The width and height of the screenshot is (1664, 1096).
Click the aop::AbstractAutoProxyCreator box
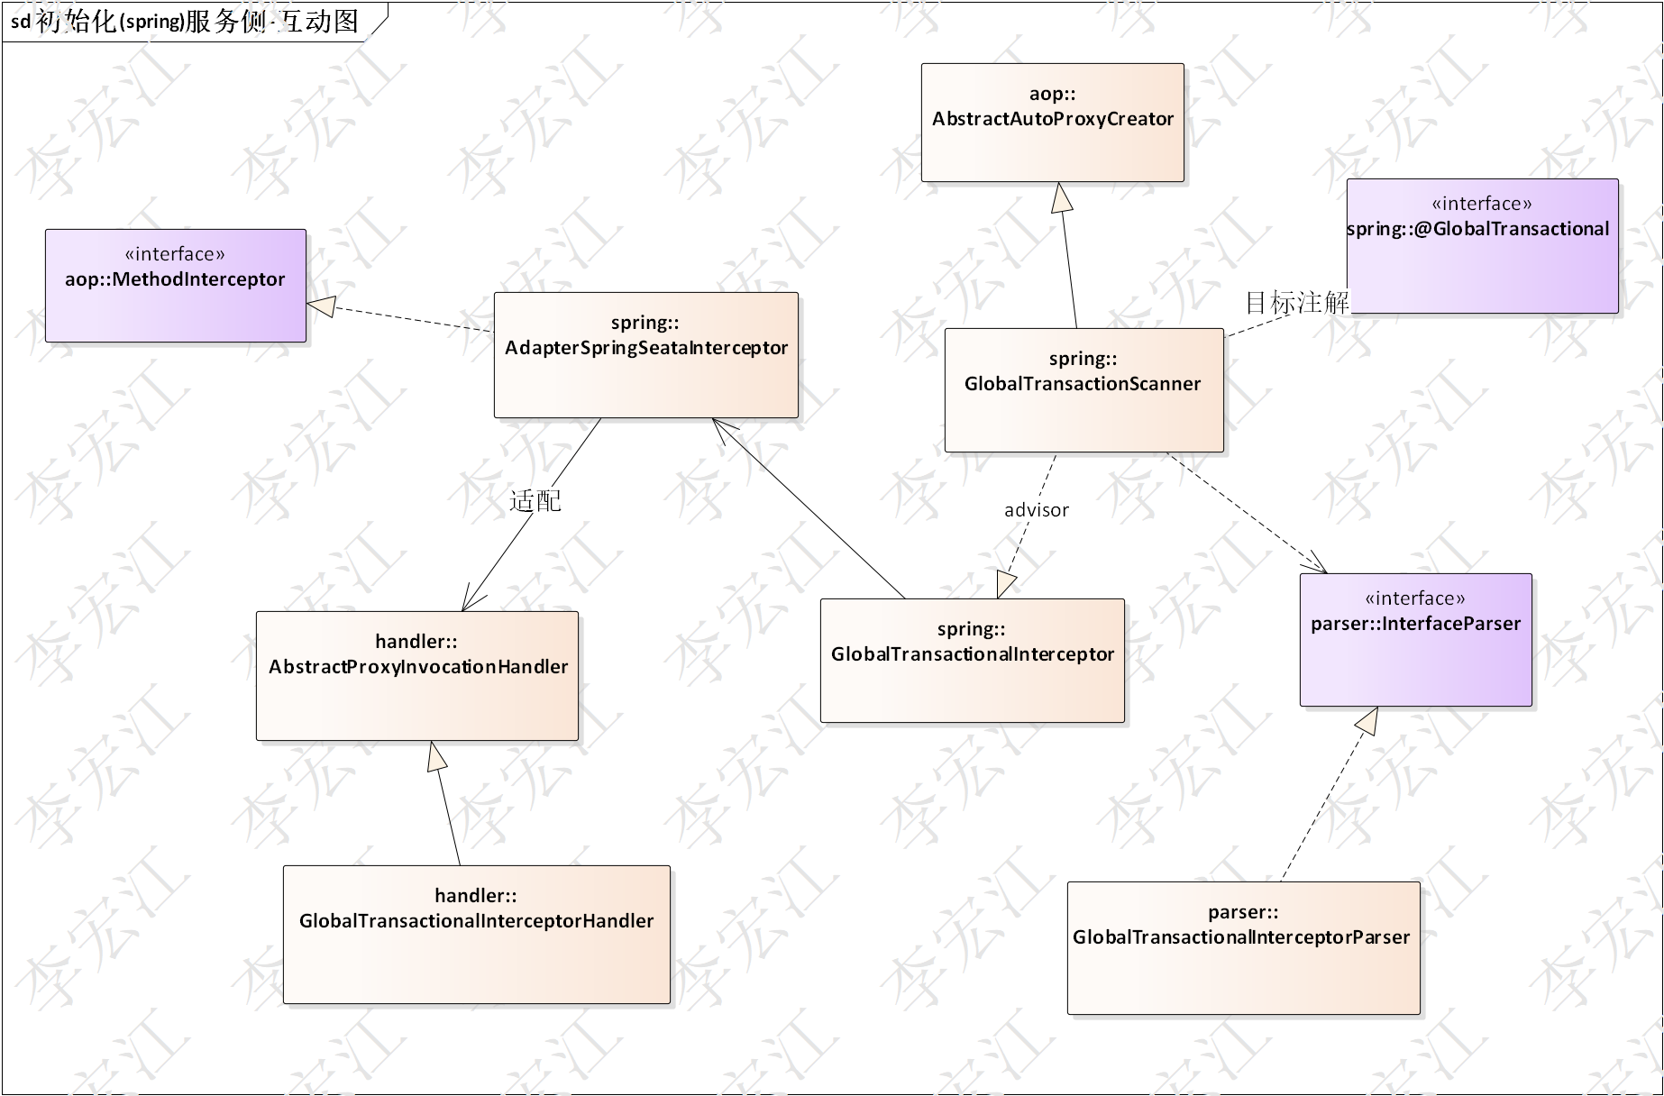pos(1052,123)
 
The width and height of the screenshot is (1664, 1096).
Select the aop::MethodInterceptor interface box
pos(176,286)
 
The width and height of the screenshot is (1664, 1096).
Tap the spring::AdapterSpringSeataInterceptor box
pos(645,354)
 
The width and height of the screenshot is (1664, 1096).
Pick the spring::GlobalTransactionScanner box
pos(1083,389)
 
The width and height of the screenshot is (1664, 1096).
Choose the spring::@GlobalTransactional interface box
pos(1482,246)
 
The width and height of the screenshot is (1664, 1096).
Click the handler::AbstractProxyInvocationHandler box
pos(417,676)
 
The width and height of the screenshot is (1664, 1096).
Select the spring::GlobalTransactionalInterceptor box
pos(972,660)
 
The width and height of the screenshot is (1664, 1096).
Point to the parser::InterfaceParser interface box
pos(1415,639)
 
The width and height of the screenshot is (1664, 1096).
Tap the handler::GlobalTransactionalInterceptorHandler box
pos(476,934)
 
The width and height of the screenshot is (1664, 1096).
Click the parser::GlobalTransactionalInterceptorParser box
pos(1243,947)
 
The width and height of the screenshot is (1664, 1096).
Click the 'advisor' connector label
pos(1036,510)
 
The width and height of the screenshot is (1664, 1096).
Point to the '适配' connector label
pos(535,501)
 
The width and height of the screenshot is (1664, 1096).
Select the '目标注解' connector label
pos(1296,302)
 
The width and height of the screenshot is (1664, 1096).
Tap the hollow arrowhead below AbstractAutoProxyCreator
pos(1063,197)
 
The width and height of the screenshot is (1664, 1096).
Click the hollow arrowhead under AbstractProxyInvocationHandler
pos(437,756)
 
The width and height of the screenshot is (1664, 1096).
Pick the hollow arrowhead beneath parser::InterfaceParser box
pos(1367,720)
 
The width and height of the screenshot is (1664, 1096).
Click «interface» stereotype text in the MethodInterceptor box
pos(175,254)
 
